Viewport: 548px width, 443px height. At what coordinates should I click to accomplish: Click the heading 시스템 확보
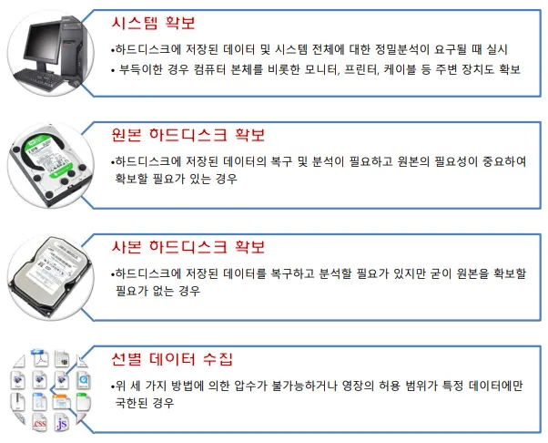(153, 23)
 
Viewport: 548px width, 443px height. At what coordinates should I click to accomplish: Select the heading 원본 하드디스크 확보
(188, 135)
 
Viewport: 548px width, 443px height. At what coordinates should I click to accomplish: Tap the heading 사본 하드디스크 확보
(188, 247)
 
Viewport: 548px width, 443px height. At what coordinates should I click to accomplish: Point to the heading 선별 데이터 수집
(172, 359)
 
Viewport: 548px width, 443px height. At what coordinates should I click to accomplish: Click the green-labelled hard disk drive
(51, 165)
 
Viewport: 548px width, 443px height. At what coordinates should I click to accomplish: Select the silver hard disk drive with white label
(50, 276)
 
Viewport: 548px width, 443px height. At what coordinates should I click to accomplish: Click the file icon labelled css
(39, 422)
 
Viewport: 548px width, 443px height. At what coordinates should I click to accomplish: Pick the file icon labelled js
(62, 423)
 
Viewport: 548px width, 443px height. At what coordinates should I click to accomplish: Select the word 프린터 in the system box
(362, 70)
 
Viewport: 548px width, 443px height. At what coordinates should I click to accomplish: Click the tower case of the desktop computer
(73, 47)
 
